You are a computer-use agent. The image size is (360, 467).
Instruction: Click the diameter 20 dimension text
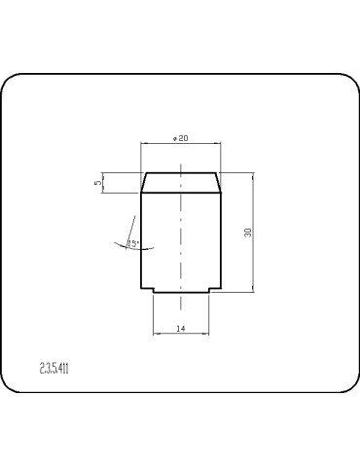(x=180, y=137)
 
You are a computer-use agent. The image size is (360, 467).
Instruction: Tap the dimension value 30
(x=248, y=233)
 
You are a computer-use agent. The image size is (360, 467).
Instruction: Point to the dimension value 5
(x=99, y=182)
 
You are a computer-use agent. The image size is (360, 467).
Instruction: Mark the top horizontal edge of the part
(x=182, y=173)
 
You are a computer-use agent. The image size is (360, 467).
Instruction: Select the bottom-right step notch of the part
(x=211, y=292)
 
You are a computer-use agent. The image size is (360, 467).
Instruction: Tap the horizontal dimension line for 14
(x=182, y=335)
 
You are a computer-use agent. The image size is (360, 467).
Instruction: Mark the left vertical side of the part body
(x=142, y=243)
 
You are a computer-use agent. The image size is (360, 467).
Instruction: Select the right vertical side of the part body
(x=222, y=243)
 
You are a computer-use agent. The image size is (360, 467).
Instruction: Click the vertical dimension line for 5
(x=105, y=183)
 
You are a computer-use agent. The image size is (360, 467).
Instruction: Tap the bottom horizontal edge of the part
(x=182, y=295)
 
